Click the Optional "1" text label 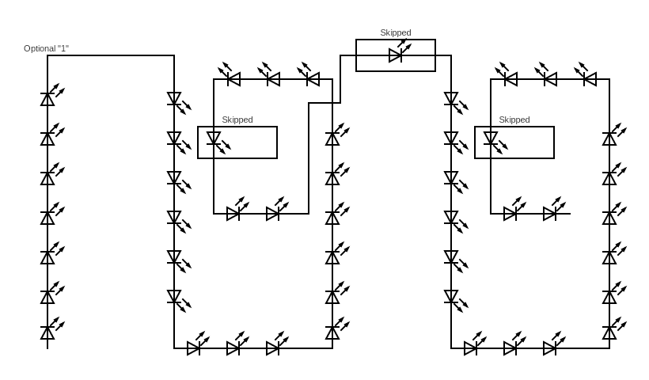[x=46, y=48]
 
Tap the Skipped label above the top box [x=395, y=32]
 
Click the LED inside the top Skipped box [x=395, y=55]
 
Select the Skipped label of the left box [x=237, y=120]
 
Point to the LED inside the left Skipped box [x=214, y=139]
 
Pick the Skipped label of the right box [x=514, y=120]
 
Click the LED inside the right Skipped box [x=491, y=139]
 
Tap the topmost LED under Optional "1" [x=47, y=99]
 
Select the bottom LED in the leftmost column [x=47, y=332]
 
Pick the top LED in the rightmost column [x=609, y=139]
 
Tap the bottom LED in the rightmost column [x=609, y=332]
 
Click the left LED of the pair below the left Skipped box [x=233, y=214]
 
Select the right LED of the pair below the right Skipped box [x=549, y=214]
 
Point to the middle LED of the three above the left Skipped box [x=273, y=79]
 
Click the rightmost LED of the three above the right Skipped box [x=590, y=79]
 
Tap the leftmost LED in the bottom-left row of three [x=193, y=348]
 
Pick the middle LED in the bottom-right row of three [x=510, y=348]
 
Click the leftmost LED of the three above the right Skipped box [x=510, y=79]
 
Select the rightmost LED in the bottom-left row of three [x=272, y=348]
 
